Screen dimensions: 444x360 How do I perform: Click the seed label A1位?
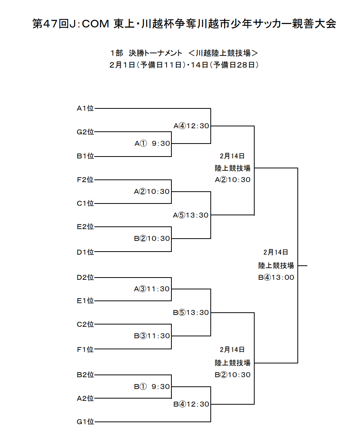point(85,108)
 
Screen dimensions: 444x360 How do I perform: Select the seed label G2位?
point(85,132)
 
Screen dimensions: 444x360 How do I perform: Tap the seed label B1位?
point(85,156)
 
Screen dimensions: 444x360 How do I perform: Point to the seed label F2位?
point(85,180)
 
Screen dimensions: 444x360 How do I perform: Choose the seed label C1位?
point(85,203)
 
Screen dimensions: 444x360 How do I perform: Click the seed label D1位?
point(85,252)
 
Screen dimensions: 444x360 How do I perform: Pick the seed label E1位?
point(85,301)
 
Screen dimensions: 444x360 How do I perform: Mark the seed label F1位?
point(85,349)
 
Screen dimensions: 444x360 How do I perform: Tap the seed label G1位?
point(85,422)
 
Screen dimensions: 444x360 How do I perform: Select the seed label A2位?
point(85,398)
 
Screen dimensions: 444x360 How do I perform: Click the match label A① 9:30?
point(152,144)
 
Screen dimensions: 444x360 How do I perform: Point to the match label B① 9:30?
point(152,387)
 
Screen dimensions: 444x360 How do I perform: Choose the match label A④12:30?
point(191,126)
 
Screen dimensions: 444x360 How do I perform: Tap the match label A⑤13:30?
point(191,215)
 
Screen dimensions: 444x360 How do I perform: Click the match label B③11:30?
point(152,336)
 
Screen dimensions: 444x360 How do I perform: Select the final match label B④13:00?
point(276,278)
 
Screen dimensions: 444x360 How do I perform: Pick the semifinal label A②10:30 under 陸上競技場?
point(232,180)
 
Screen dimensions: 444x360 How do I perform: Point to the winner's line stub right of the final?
point(302,266)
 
